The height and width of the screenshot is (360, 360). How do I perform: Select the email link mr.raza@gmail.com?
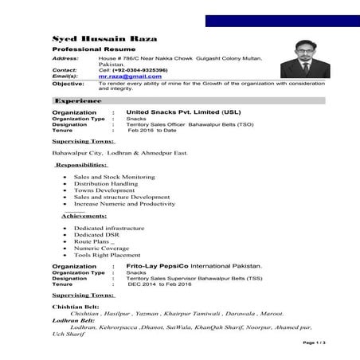pos(130,76)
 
